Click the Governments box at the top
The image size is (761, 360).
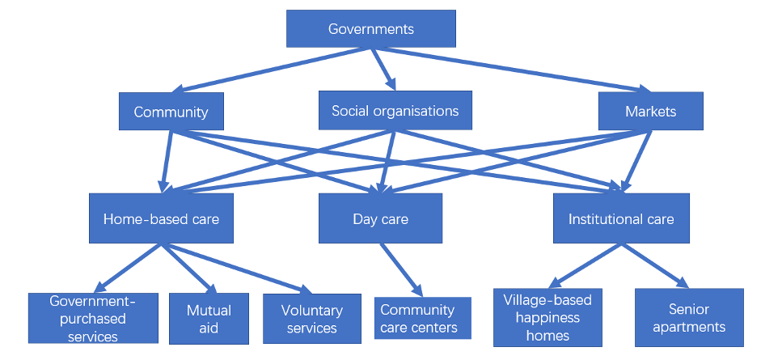coord(371,29)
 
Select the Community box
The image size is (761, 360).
coord(171,112)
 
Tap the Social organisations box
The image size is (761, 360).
coord(395,111)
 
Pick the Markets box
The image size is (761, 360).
coord(650,111)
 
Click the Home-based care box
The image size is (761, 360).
coord(161,218)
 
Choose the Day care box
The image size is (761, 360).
coord(380,218)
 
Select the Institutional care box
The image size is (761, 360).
coord(620,218)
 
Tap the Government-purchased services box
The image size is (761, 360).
coord(93,319)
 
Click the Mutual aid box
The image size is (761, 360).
coord(209,319)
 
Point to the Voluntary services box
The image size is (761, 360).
coord(311,319)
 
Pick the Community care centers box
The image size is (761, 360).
coord(418,319)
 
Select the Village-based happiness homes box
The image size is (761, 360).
coord(547,317)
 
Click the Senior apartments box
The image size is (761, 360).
coord(688,317)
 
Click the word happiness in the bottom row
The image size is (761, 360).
coord(547,317)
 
